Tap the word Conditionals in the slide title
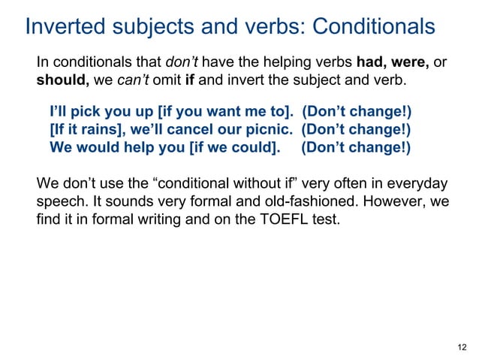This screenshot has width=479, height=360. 372,27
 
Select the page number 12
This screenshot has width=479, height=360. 462,346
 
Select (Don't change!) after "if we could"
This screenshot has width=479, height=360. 356,147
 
